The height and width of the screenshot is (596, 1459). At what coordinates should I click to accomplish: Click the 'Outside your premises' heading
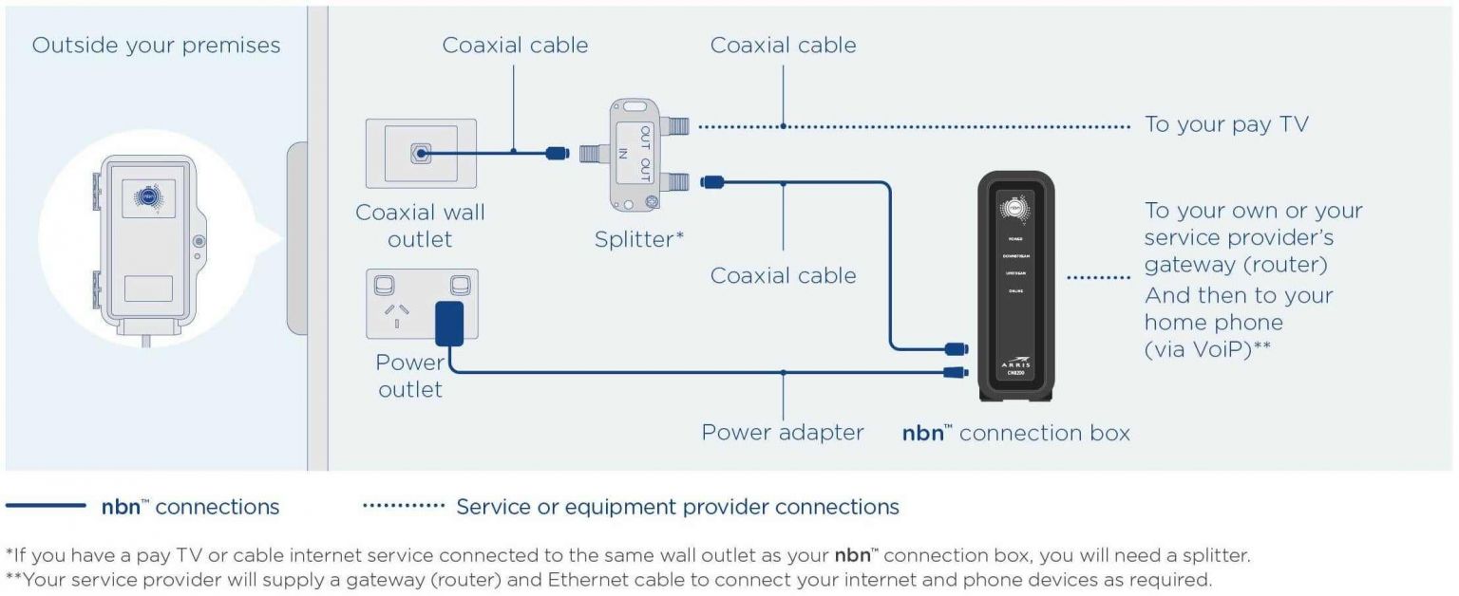[156, 46]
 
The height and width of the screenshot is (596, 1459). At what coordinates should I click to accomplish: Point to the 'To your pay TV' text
[1225, 125]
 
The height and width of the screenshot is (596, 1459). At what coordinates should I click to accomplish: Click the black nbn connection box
[1014, 285]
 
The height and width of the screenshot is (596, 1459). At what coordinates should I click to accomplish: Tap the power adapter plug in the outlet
[448, 324]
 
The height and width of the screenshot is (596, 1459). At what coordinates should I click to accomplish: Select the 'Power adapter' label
[783, 433]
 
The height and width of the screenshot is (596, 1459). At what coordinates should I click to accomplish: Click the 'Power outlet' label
[410, 376]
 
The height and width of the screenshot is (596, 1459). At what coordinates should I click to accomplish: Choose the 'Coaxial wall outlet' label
[420, 226]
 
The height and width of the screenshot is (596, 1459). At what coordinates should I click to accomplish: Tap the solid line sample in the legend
[46, 507]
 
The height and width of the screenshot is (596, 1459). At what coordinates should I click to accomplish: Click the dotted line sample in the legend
[404, 507]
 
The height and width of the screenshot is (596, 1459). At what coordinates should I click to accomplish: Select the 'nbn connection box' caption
[1015, 434]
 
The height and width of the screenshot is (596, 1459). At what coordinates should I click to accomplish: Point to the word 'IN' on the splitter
[623, 155]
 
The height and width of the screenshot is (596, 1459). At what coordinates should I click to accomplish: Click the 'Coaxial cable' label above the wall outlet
[515, 45]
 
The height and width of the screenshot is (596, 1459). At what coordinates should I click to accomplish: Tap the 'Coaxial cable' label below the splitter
[783, 275]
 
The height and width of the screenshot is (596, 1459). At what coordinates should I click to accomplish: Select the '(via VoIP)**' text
[1207, 348]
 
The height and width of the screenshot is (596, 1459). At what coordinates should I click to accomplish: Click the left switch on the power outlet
[387, 285]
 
